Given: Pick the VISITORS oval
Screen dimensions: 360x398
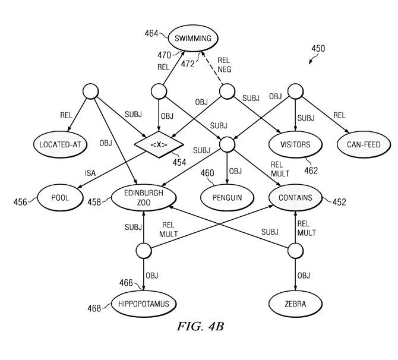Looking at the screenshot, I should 295,144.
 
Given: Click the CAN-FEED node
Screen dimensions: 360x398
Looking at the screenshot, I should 360,144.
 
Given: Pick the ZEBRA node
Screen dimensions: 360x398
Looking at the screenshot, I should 295,304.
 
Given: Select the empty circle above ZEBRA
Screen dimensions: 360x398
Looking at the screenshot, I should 295,251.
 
